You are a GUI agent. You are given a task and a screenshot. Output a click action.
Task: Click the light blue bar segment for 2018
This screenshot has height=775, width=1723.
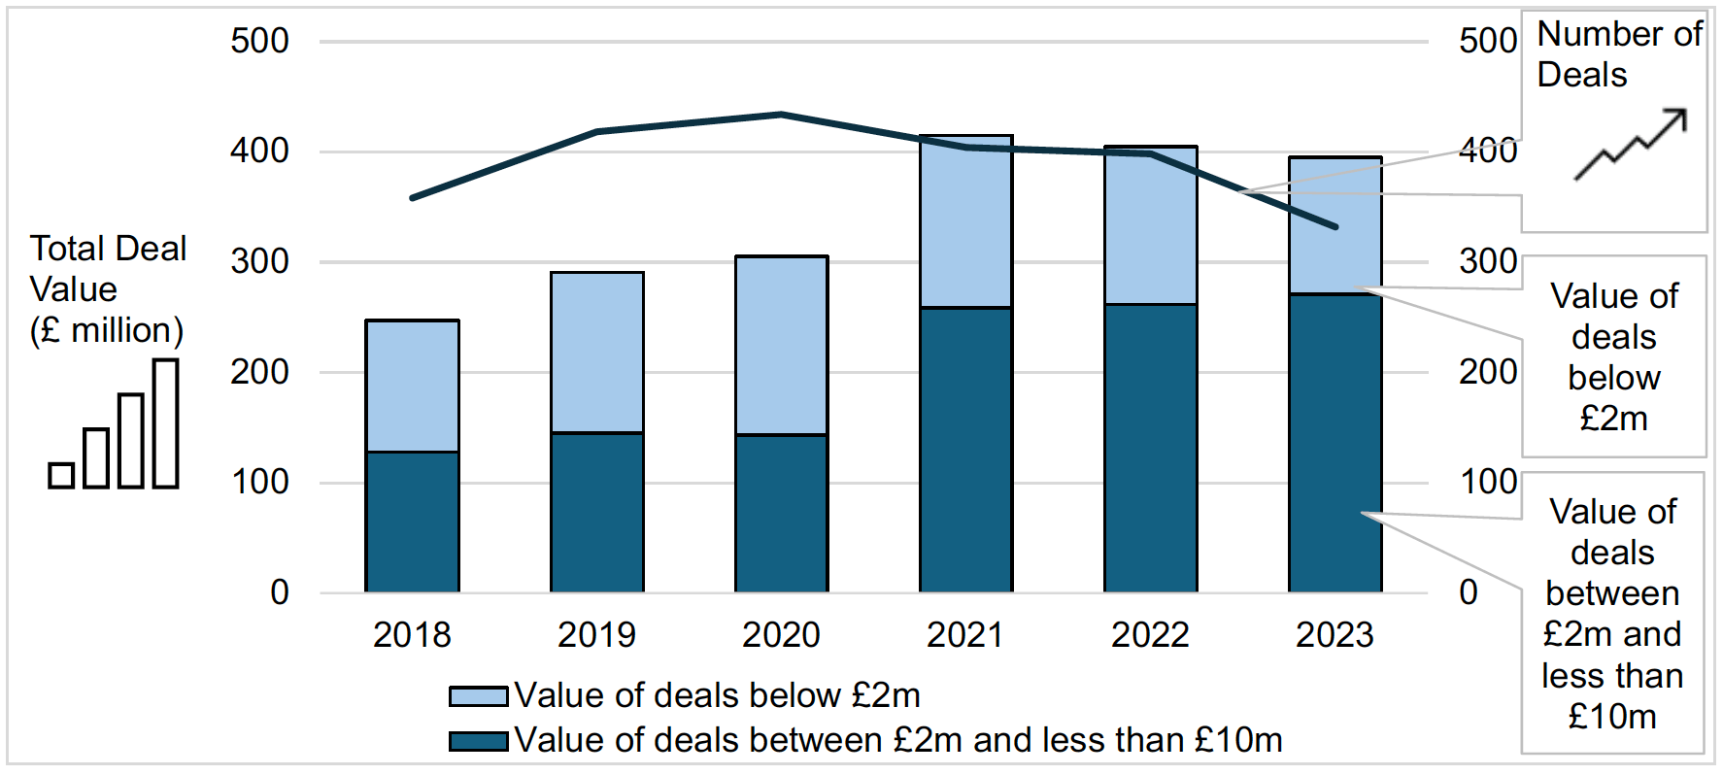(x=412, y=386)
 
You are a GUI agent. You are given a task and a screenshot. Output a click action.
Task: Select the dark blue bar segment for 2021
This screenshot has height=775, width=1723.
(x=965, y=450)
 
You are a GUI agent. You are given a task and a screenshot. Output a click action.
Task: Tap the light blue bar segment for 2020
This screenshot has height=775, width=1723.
(x=781, y=345)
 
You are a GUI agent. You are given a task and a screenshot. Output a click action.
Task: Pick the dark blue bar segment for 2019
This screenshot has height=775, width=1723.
(x=596, y=512)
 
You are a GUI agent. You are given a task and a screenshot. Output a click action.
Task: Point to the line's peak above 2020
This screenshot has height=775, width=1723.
(x=781, y=115)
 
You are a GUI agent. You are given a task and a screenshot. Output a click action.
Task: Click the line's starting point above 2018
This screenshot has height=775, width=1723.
(x=413, y=198)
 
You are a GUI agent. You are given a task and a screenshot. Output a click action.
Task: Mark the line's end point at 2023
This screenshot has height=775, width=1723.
(x=1335, y=227)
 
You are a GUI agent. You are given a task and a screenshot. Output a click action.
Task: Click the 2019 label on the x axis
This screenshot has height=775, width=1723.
(x=596, y=635)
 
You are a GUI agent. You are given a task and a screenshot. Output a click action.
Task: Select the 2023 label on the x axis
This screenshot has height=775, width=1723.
(x=1334, y=635)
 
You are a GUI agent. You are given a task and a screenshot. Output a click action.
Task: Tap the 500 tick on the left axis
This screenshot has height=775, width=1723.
(x=259, y=41)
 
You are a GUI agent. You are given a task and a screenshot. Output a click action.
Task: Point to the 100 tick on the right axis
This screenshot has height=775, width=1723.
(x=1487, y=482)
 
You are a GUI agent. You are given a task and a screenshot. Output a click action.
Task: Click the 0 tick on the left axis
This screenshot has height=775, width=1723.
(x=280, y=592)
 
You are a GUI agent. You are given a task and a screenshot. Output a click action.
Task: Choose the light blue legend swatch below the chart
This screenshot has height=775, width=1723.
(x=478, y=696)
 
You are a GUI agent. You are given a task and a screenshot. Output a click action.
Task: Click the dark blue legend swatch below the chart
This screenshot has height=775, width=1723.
(x=478, y=741)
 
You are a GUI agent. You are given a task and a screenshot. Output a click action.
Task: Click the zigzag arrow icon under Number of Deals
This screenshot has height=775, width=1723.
(x=1631, y=145)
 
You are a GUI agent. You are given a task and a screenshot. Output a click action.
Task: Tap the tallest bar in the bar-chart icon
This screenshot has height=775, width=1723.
(x=166, y=423)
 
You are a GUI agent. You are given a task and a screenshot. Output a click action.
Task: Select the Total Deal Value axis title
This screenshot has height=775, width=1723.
(x=107, y=289)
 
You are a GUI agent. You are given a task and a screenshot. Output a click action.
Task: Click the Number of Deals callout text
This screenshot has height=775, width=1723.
(x=1618, y=54)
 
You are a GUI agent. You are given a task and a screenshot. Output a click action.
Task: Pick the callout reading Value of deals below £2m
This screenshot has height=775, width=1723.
(x=1613, y=356)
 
